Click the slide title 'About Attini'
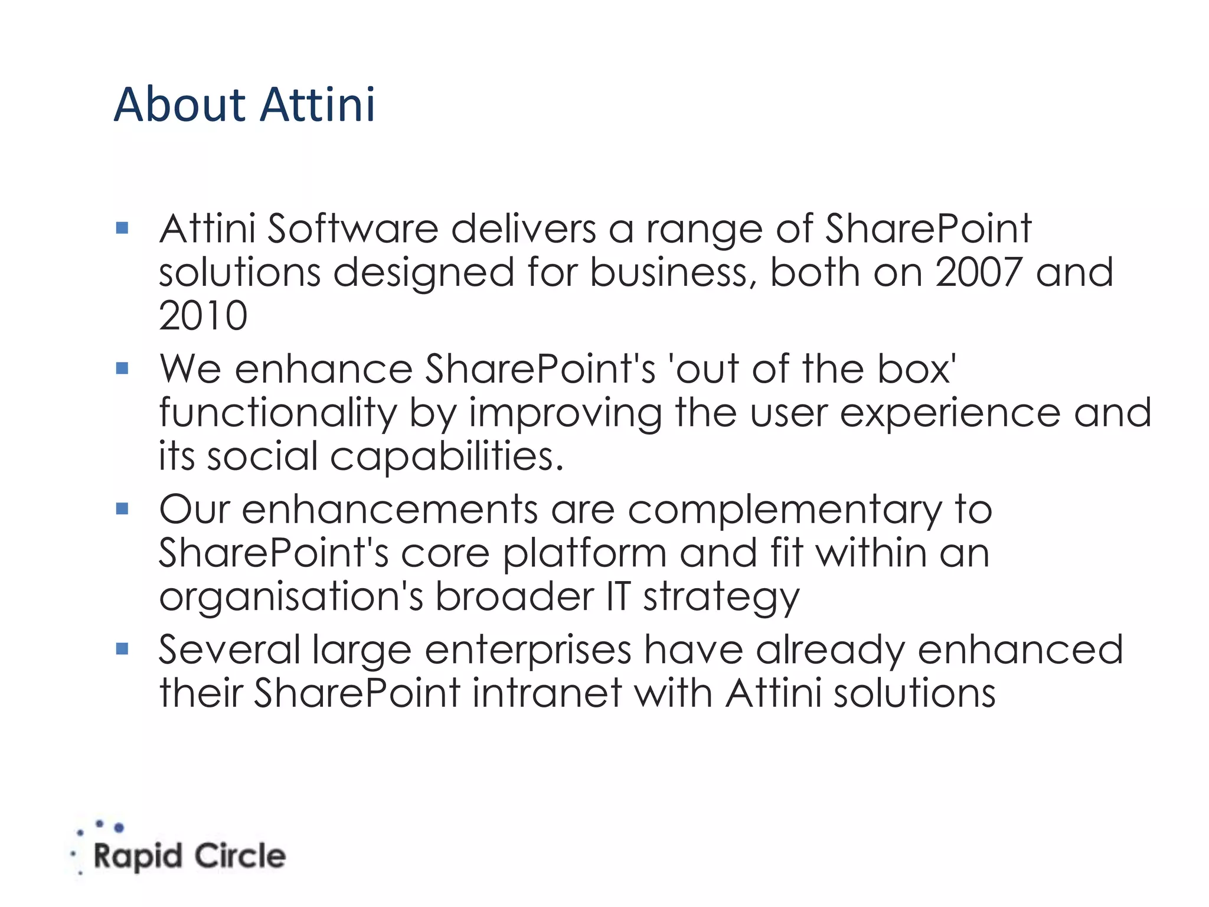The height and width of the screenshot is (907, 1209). tap(244, 105)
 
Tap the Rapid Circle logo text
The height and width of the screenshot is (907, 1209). tap(189, 856)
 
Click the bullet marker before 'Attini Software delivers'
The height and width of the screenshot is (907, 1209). tap(123, 228)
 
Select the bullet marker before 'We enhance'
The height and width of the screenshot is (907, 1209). tap(123, 368)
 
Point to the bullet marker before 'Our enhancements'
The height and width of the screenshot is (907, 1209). tap(123, 508)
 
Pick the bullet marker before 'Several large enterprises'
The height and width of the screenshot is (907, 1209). tap(123, 649)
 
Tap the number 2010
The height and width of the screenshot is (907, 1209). tap(203, 315)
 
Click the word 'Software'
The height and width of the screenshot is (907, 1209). tap(352, 229)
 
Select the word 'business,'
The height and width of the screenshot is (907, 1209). tap(673, 272)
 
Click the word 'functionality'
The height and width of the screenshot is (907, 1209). tap(278, 413)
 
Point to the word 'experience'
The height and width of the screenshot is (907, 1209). tap(950, 413)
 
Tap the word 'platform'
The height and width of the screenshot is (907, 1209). tap(584, 553)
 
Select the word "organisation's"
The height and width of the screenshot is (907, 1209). tap(291, 597)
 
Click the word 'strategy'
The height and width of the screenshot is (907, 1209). tap(721, 597)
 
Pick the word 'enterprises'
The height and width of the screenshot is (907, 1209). tap(528, 650)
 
